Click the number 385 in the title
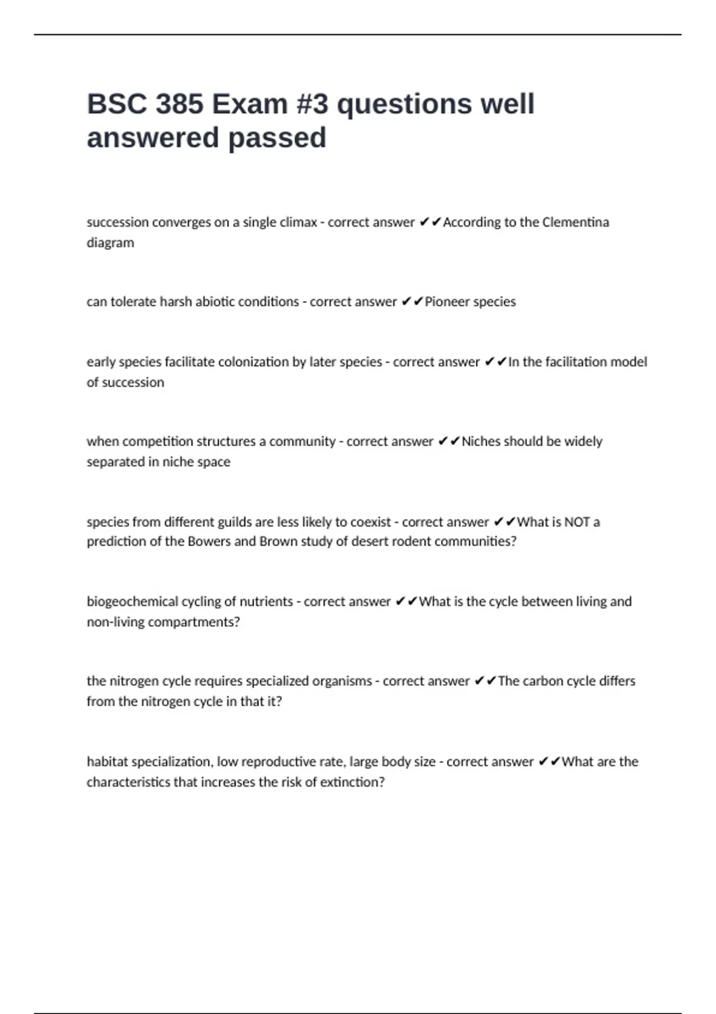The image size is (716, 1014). (179, 104)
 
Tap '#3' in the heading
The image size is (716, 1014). (312, 104)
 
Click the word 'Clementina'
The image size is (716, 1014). (575, 222)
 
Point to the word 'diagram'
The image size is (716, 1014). (110, 243)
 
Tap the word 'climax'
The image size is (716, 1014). (298, 222)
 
